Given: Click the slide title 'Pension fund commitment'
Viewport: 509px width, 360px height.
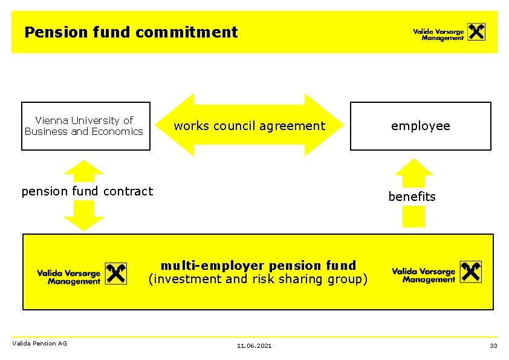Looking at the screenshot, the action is click(x=131, y=32).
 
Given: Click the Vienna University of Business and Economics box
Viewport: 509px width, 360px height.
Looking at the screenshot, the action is click(x=85, y=126).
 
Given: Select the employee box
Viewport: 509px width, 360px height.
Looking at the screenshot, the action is click(x=420, y=126).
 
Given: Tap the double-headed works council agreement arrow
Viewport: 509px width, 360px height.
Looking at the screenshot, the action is click(x=249, y=126).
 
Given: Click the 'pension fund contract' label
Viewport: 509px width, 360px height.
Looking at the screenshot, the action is click(x=87, y=191).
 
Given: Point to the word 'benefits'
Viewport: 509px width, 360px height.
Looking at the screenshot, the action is click(x=412, y=197).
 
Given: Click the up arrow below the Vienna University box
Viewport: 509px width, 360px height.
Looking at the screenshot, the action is click(x=84, y=171).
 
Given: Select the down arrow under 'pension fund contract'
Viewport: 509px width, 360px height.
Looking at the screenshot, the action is click(x=84, y=215).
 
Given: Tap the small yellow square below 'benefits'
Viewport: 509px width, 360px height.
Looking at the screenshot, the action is click(x=413, y=217).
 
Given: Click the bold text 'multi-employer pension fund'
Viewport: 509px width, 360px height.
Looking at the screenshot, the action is click(x=258, y=265).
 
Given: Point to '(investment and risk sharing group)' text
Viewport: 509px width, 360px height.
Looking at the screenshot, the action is click(x=258, y=279).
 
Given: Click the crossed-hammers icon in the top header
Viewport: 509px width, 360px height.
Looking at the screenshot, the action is click(x=476, y=31).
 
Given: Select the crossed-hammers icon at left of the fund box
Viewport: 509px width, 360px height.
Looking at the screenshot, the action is click(x=116, y=273).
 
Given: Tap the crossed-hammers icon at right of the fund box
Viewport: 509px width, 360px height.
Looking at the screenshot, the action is click(x=471, y=272).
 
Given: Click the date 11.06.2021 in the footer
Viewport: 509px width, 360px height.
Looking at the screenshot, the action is click(x=254, y=345).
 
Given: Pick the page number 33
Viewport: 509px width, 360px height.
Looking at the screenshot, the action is click(x=493, y=345).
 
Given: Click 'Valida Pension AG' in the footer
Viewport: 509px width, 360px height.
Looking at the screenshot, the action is click(x=39, y=344).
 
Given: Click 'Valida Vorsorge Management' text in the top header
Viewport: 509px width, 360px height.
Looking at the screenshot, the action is click(x=438, y=34).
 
